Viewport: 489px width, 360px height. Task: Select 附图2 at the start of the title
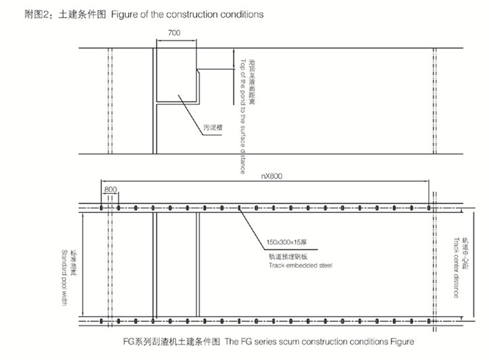coord(19,13)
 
